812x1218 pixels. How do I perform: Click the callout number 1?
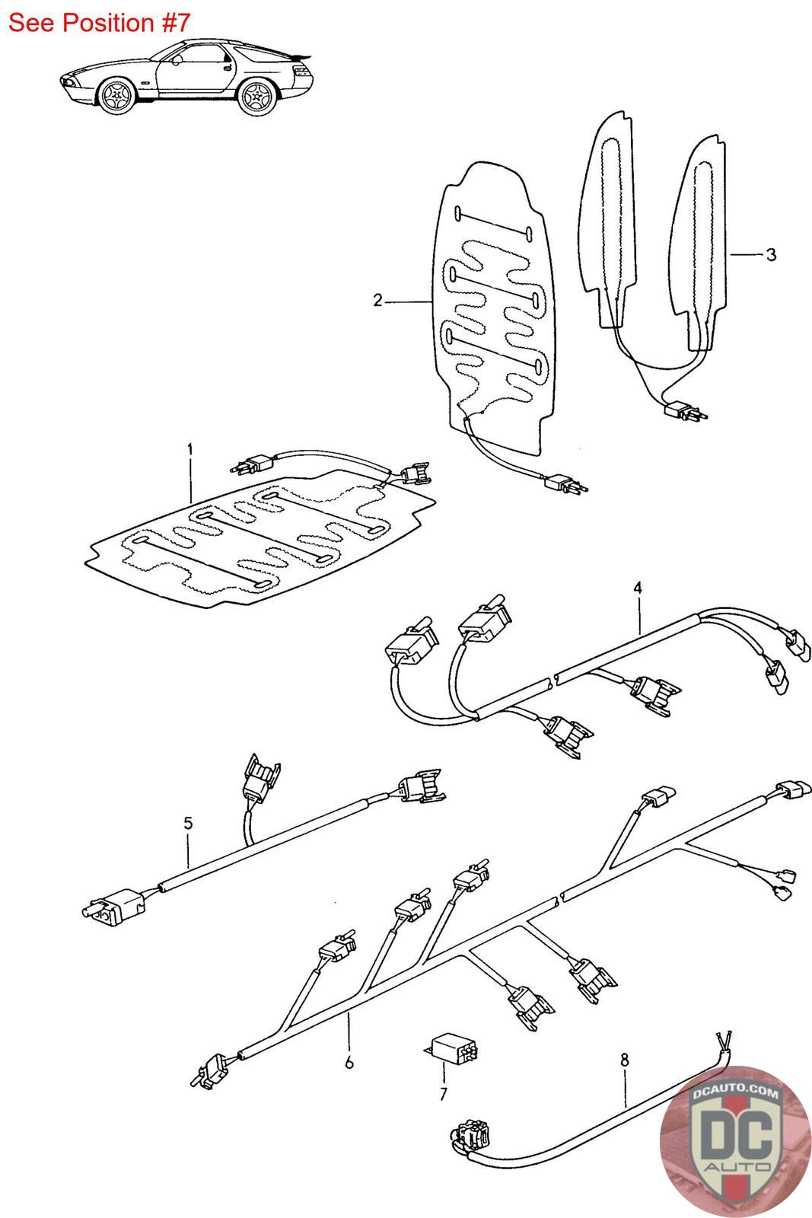tap(190, 449)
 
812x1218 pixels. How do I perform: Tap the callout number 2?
tap(377, 300)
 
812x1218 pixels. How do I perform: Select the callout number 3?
tap(771, 254)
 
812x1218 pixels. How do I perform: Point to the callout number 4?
tap(638, 588)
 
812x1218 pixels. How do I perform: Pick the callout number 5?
tap(188, 823)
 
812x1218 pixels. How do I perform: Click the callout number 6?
tap(349, 1062)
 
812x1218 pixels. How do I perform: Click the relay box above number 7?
tap(452, 1047)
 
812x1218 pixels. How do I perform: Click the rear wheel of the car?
tap(257, 98)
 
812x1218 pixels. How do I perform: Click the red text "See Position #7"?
tap(99, 23)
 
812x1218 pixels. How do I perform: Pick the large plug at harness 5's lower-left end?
tap(111, 907)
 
